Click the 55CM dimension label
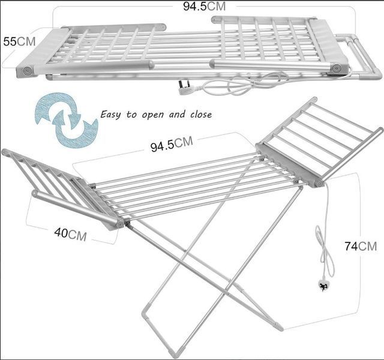pyautogui.click(x=19, y=41)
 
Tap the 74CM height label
pyautogui.click(x=361, y=246)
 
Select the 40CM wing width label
pyautogui.click(x=70, y=235)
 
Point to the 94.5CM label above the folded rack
pyautogui.click(x=204, y=7)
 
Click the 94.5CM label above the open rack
pyautogui.click(x=172, y=144)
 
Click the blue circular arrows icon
pyautogui.click(x=67, y=120)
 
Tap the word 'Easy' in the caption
pyautogui.click(x=110, y=115)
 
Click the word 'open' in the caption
pyautogui.click(x=152, y=115)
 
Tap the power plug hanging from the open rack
pyautogui.click(x=324, y=286)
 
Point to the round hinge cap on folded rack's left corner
pyautogui.click(x=28, y=71)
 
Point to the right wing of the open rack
pyautogui.click(x=319, y=142)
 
